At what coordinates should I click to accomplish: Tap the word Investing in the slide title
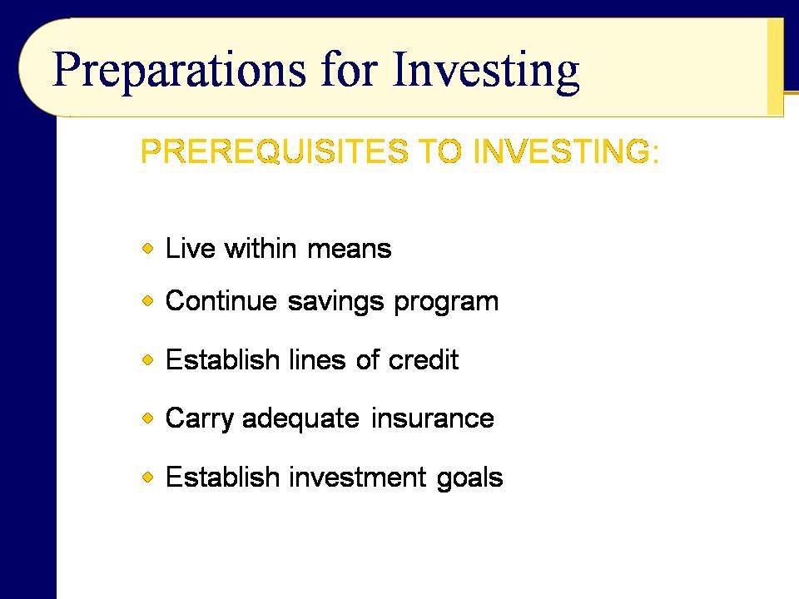[486, 70]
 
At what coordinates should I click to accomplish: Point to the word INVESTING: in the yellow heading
[566, 151]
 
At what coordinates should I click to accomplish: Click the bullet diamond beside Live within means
[148, 249]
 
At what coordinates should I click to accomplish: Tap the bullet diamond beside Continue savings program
[148, 300]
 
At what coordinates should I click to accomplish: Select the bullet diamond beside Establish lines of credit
[148, 359]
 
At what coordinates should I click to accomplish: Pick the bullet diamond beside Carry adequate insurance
[148, 418]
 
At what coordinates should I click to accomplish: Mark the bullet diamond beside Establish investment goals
[148, 478]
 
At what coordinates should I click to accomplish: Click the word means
[350, 250]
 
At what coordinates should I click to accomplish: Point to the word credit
[424, 359]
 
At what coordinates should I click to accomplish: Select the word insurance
[433, 418]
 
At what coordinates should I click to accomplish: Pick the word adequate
[300, 419]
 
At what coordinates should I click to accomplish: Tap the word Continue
[221, 300]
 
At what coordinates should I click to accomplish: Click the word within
[261, 249]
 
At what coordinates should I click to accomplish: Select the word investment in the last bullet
[358, 478]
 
